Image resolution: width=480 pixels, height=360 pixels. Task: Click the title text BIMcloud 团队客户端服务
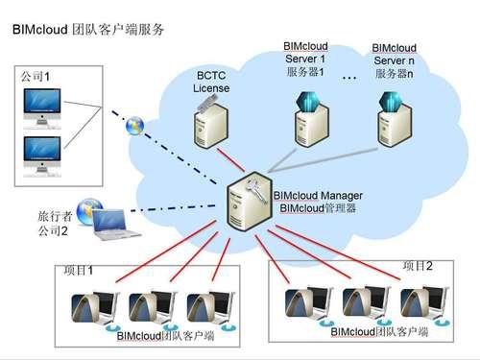click(x=88, y=29)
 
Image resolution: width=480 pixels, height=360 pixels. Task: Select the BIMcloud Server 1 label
click(x=307, y=59)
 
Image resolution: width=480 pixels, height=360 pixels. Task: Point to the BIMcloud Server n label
click(x=394, y=60)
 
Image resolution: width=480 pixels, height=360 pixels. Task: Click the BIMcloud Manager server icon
click(x=248, y=202)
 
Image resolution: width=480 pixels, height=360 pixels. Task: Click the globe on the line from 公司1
click(x=137, y=127)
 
